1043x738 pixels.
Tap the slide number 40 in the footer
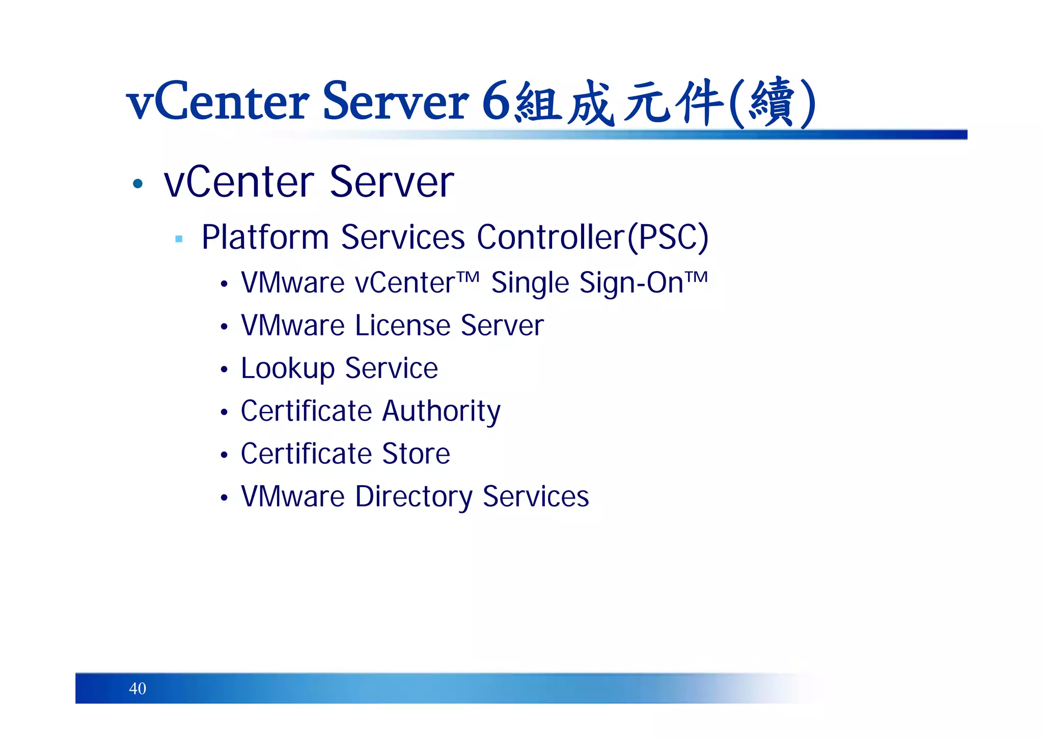(x=138, y=689)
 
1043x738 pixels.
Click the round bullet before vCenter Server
(x=138, y=183)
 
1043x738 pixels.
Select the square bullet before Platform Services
(x=179, y=239)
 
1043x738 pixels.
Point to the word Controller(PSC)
(x=592, y=237)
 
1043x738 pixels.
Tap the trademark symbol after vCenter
(x=468, y=277)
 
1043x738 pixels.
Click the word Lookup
(x=287, y=368)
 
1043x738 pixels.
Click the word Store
(x=416, y=454)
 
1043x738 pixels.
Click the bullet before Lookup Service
(x=224, y=370)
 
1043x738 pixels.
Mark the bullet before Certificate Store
(x=224, y=455)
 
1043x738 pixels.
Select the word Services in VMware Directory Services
(x=536, y=496)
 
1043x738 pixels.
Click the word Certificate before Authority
(x=306, y=411)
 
